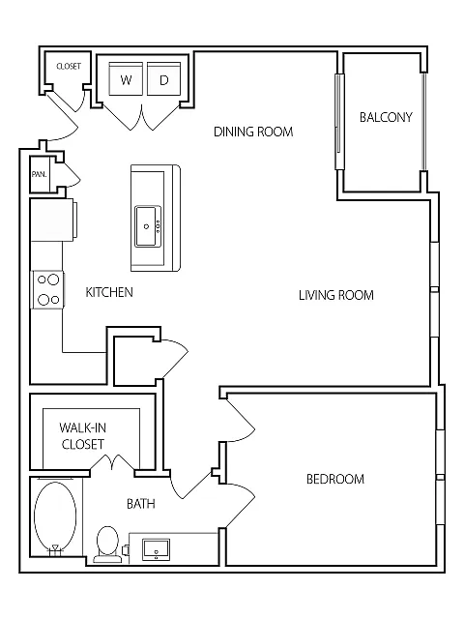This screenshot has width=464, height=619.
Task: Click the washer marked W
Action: coord(126,78)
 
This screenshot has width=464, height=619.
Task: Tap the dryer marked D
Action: coord(163,78)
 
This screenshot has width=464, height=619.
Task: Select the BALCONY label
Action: coord(386,117)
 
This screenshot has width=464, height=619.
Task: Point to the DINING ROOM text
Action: coord(253,132)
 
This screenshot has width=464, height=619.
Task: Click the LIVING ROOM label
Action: coord(336,295)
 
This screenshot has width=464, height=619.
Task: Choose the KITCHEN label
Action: coord(109,292)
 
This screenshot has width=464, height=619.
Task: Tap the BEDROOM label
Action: coord(335,479)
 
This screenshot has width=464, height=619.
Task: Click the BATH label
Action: coord(141,504)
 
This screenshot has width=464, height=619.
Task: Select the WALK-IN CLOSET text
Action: coord(82,436)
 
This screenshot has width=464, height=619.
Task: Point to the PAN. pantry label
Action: coord(39,174)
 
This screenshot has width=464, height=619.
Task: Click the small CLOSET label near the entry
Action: coord(69,67)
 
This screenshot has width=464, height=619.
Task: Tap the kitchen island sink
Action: coord(148,226)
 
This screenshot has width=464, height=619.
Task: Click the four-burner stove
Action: coord(48,290)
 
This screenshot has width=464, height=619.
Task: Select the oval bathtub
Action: coord(55,516)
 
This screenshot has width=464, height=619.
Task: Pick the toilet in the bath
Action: coord(107,543)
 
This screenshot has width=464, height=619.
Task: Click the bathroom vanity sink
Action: coord(157,549)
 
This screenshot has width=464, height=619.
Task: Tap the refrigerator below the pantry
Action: coord(53,220)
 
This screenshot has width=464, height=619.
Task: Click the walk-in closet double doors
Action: coord(113,462)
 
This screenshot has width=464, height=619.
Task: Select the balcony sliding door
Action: coord(339,121)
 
